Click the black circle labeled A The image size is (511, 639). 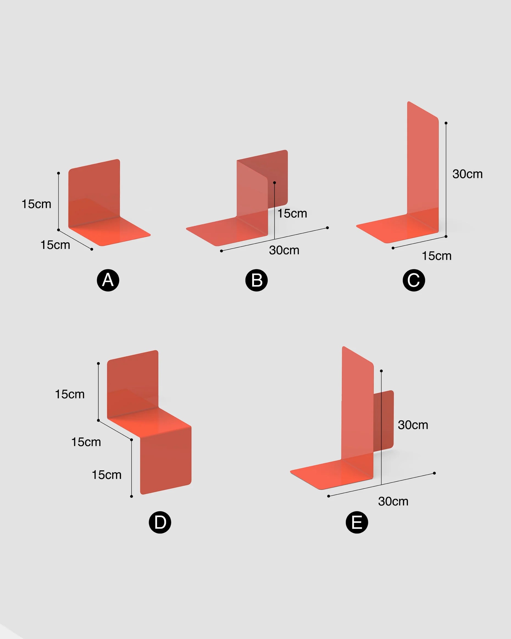[x=108, y=280]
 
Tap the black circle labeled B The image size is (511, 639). [x=257, y=280]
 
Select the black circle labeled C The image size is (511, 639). [x=414, y=280]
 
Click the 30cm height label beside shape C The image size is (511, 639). [x=467, y=174]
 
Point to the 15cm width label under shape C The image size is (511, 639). [x=437, y=256]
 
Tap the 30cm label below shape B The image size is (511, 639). [x=284, y=250]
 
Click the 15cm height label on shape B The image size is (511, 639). [x=292, y=213]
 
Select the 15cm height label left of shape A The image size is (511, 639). [x=37, y=204]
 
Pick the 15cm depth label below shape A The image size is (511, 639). [x=55, y=245]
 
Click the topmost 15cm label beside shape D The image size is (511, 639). [x=70, y=394]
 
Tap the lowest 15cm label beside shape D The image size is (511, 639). [x=107, y=475]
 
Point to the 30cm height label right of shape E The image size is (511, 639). [x=413, y=425]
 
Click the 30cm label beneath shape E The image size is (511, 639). [x=393, y=501]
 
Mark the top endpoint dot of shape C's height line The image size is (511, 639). [x=446, y=123]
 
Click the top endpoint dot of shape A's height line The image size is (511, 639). [x=58, y=173]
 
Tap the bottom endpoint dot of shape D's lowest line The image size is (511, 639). [x=132, y=496]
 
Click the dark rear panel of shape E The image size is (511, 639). [x=384, y=421]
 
